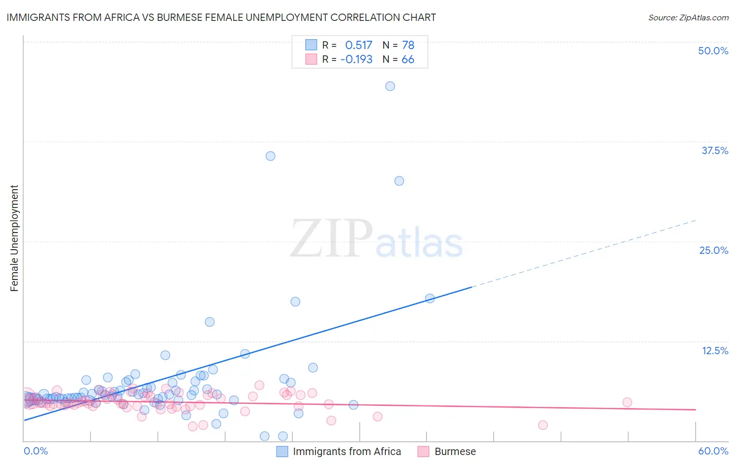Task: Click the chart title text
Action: coord(221,17)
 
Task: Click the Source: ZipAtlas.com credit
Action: coord(688,17)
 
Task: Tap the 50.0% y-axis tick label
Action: coord(713,51)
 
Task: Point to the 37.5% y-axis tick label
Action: coord(715,150)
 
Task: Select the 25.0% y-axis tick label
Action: coord(714,250)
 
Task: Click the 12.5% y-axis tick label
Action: coord(715,351)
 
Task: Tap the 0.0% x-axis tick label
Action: coord(36,451)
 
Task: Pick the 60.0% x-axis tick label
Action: coord(713,451)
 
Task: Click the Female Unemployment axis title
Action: coord(14,238)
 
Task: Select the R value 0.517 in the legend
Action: coord(359,45)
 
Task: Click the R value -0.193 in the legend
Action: coord(357,59)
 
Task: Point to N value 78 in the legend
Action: coord(408,45)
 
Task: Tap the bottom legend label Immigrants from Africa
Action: coord(347,451)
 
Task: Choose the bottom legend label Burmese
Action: coord(455,451)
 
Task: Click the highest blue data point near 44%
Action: coord(390,86)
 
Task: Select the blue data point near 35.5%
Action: coord(270,156)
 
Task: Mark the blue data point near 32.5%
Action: coord(399,181)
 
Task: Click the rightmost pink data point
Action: coord(627,402)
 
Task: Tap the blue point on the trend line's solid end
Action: coord(430,298)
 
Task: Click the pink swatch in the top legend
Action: coord(311,59)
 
